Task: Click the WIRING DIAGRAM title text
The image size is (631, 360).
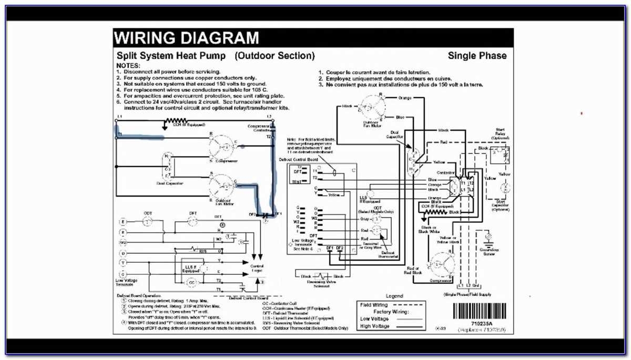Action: (x=187, y=38)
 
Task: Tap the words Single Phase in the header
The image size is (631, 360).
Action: (x=477, y=56)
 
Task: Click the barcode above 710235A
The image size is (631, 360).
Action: (x=482, y=309)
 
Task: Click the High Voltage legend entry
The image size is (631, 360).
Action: (x=375, y=326)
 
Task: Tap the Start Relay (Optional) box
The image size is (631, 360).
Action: (x=500, y=156)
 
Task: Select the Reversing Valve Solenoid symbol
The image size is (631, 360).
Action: (x=322, y=276)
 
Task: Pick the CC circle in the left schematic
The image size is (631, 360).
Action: (x=192, y=282)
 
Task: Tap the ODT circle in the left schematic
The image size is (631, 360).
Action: (x=148, y=222)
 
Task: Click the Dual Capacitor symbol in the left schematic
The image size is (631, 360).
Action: (x=168, y=168)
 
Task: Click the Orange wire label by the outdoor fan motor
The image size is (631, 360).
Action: (x=405, y=98)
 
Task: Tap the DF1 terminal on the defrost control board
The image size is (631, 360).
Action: (x=329, y=248)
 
